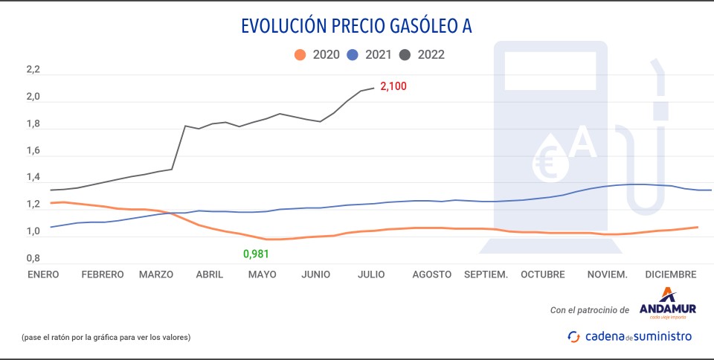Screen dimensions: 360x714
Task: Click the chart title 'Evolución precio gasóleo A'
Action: pyautogui.click(x=356, y=26)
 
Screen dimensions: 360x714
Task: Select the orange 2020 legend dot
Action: pyautogui.click(x=300, y=54)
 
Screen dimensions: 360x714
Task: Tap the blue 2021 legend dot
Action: pyautogui.click(x=353, y=54)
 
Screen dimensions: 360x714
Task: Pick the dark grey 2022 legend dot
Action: pyautogui.click(x=406, y=54)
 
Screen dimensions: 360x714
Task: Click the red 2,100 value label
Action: pyautogui.click(x=393, y=86)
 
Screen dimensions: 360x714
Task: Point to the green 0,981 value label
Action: pyautogui.click(x=256, y=254)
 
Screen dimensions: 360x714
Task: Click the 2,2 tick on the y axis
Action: pyautogui.click(x=33, y=70)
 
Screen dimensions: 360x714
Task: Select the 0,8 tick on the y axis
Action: pyautogui.click(x=33, y=258)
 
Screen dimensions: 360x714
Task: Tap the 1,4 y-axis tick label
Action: pyautogui.click(x=33, y=177)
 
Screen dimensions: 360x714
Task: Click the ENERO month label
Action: pyautogui.click(x=43, y=274)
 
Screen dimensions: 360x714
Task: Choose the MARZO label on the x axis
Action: pyautogui.click(x=156, y=274)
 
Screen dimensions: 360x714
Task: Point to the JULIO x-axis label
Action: pyautogui.click(x=371, y=274)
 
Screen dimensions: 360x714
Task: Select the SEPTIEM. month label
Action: pyautogui.click(x=486, y=274)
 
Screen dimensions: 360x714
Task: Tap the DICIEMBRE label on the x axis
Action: pyautogui.click(x=671, y=274)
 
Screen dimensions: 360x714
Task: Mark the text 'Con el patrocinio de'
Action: pyautogui.click(x=590, y=309)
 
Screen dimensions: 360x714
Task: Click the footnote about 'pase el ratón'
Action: pyautogui.click(x=106, y=337)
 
